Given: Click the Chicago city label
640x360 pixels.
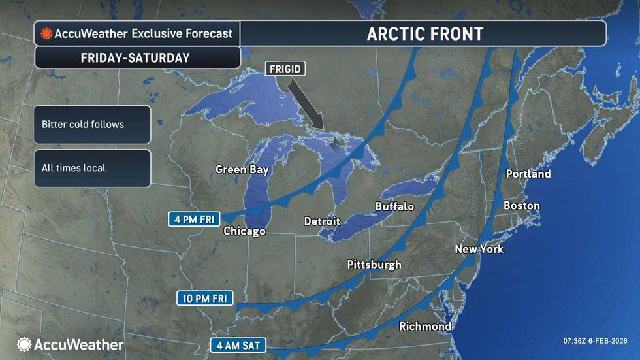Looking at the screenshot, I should pyautogui.click(x=244, y=231).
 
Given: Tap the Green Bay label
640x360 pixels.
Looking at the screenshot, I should pyautogui.click(x=242, y=170).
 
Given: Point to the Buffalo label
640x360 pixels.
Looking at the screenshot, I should pyautogui.click(x=394, y=206).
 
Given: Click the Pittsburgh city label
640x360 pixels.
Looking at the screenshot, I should pyautogui.click(x=374, y=265).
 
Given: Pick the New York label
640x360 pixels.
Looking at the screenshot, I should pyautogui.click(x=479, y=249).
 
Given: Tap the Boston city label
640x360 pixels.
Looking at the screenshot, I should pyautogui.click(x=521, y=206).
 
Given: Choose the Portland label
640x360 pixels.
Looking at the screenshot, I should pyautogui.click(x=528, y=174).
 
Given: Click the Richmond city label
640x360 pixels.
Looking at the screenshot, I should pyautogui.click(x=425, y=326).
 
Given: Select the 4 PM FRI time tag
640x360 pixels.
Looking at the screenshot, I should pyautogui.click(x=195, y=218).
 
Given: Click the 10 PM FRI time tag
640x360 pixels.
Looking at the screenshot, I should pyautogui.click(x=206, y=299).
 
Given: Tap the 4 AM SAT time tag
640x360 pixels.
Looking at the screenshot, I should pyautogui.click(x=238, y=344).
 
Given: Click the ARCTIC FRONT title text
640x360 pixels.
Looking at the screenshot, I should pyautogui.click(x=424, y=33).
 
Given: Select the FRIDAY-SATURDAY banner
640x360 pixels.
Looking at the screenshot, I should pyautogui.click(x=135, y=57).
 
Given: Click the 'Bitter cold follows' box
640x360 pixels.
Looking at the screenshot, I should pyautogui.click(x=92, y=124).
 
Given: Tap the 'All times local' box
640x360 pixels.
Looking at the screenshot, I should pyautogui.click(x=92, y=168).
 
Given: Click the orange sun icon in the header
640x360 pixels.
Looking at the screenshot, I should pyautogui.click(x=46, y=33).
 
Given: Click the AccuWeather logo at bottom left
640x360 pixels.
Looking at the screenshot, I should pyautogui.click(x=70, y=344).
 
